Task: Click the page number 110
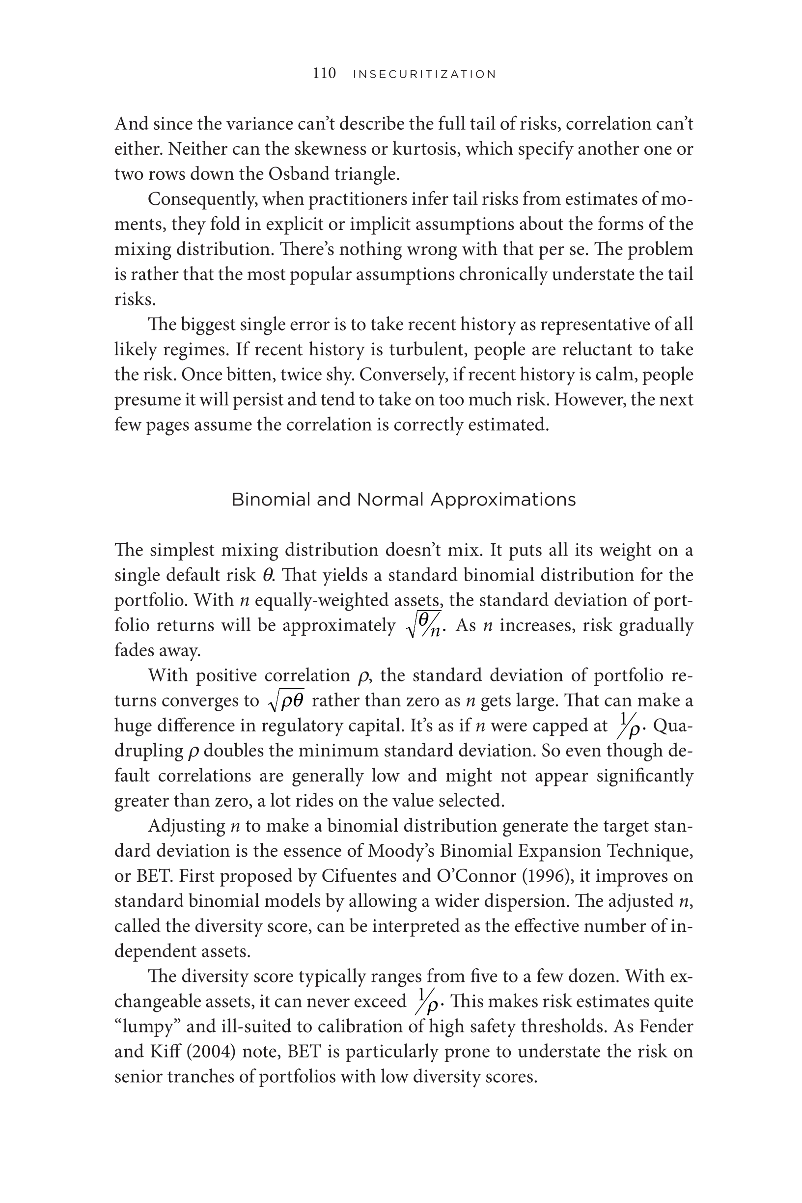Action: (x=324, y=74)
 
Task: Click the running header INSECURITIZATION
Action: (x=424, y=75)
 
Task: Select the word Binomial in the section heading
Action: (x=271, y=499)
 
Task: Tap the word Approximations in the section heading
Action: (x=503, y=500)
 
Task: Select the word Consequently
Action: (x=202, y=199)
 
